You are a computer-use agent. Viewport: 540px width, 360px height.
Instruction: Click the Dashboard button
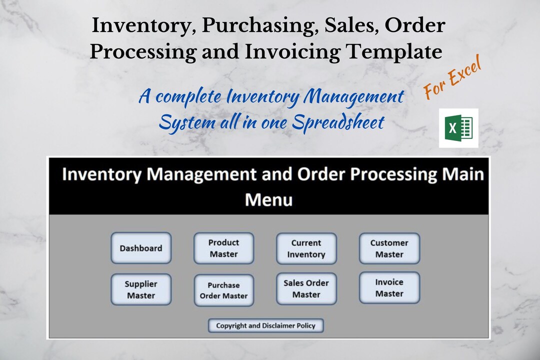click(x=141, y=248)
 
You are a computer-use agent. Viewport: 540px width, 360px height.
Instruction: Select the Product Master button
click(x=223, y=248)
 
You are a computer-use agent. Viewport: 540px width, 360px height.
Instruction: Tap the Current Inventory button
click(x=306, y=248)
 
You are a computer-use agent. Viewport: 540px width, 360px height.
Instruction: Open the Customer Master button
click(x=389, y=248)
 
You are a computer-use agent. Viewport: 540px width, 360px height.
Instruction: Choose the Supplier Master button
click(x=141, y=289)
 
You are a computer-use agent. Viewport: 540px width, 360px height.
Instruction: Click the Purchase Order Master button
click(x=223, y=290)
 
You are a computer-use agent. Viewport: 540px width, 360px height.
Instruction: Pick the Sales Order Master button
click(x=306, y=288)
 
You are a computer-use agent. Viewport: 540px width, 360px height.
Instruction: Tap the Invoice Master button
click(x=389, y=287)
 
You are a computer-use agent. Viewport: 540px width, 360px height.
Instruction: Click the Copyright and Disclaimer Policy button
click(x=265, y=325)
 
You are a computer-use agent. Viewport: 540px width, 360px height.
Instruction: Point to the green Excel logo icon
click(x=458, y=128)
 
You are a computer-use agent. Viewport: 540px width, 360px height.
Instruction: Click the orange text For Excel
click(x=452, y=78)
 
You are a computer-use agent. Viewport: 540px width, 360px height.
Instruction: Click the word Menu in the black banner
click(x=268, y=200)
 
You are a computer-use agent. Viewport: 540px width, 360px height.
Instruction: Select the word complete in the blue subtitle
click(x=188, y=96)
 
